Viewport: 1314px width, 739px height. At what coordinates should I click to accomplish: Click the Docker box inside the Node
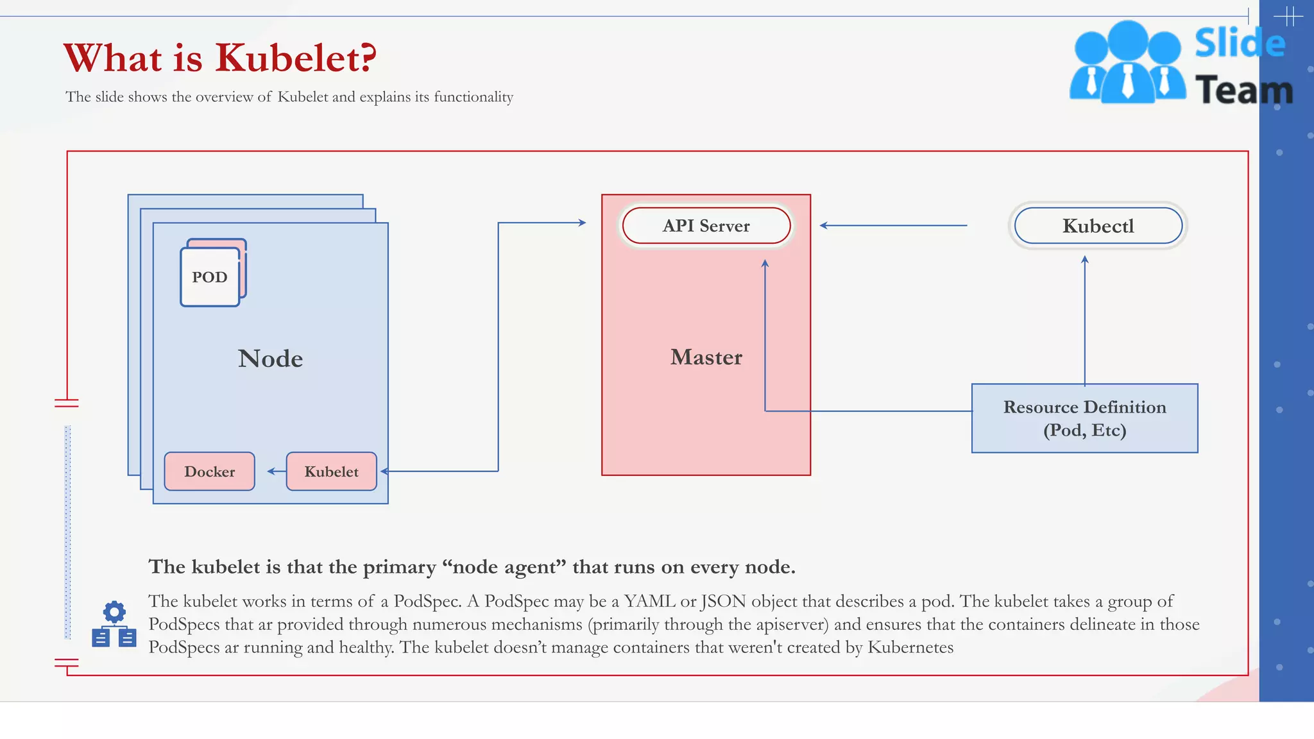point(209,471)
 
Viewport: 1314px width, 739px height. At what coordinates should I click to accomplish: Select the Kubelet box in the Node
point(331,471)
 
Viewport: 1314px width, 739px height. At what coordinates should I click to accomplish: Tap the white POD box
point(210,277)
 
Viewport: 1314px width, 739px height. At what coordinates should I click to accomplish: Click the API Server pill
point(706,226)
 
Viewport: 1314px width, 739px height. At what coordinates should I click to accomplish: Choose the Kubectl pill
point(1098,226)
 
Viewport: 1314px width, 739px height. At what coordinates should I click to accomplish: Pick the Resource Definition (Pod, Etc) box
point(1084,418)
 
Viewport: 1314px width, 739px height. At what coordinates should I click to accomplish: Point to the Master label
point(706,357)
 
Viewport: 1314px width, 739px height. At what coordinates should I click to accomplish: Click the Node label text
point(270,359)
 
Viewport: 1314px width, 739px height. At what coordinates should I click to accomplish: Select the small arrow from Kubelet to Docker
point(277,471)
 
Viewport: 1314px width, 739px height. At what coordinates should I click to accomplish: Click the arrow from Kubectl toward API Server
point(893,226)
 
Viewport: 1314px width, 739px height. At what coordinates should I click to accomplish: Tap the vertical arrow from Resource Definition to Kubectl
point(1085,321)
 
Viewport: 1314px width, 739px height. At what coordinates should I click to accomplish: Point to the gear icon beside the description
point(114,612)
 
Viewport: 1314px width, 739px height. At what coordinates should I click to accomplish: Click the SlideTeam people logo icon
point(1127,63)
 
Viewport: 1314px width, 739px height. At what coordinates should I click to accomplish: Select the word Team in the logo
point(1243,90)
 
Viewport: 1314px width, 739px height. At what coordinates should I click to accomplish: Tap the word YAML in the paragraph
point(649,601)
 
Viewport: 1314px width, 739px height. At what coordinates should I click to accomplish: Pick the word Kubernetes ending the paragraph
point(910,647)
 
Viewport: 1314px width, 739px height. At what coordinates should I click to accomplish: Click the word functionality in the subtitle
point(474,97)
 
